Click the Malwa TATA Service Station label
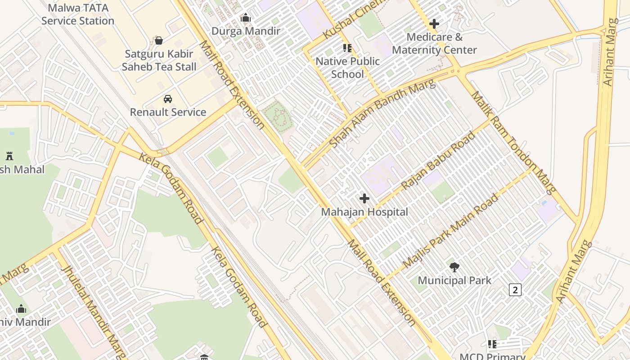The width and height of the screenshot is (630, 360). pyautogui.click(x=78, y=14)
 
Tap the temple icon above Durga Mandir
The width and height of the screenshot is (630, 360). pyautogui.click(x=246, y=18)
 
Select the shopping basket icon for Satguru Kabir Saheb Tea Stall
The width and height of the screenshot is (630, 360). pyautogui.click(x=159, y=40)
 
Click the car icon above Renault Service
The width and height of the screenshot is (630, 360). pyautogui.click(x=168, y=99)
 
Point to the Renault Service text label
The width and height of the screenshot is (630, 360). pyautogui.click(x=168, y=112)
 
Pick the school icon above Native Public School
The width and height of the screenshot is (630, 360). pyautogui.click(x=347, y=48)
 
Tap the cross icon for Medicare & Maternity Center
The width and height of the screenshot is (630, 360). pyautogui.click(x=434, y=23)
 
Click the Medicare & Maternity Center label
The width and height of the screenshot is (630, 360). pyautogui.click(x=434, y=43)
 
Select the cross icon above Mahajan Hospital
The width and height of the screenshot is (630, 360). pyautogui.click(x=364, y=198)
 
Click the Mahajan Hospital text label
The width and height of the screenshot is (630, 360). pyautogui.click(x=364, y=212)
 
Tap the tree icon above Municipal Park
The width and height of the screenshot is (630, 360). pyautogui.click(x=454, y=267)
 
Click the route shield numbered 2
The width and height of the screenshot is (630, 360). pyautogui.click(x=515, y=290)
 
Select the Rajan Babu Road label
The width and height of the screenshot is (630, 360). pyautogui.click(x=437, y=160)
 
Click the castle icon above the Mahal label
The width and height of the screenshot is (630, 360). pyautogui.click(x=9, y=156)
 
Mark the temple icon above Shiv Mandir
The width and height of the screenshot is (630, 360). pyautogui.click(x=21, y=309)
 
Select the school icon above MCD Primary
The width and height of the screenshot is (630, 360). pyautogui.click(x=492, y=344)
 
